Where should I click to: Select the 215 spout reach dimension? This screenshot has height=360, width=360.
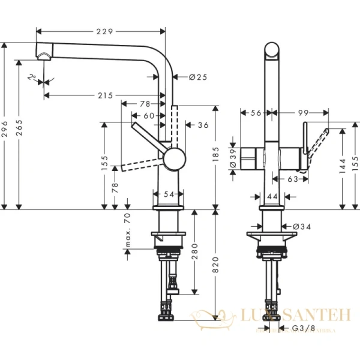pyautogui.click(x=104, y=96)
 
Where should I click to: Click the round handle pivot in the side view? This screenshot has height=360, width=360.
pyautogui.click(x=174, y=160)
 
